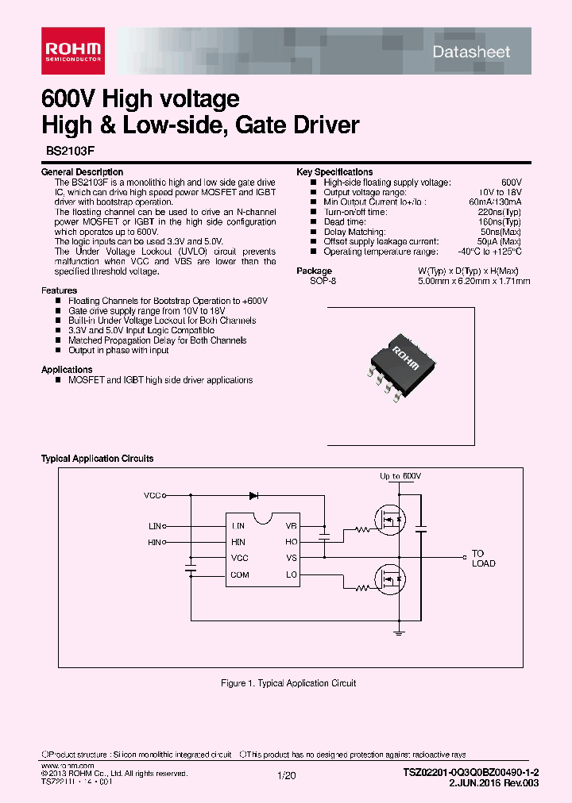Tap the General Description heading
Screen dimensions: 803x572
click(82, 172)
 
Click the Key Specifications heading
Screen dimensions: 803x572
click(334, 172)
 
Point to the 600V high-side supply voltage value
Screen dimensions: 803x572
click(511, 182)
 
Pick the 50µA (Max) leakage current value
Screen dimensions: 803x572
click(499, 241)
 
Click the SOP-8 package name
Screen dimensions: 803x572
click(323, 281)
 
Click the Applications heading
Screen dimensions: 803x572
click(67, 370)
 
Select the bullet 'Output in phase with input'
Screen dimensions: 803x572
click(118, 350)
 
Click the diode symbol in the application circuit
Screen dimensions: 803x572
click(253, 495)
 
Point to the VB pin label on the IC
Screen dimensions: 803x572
click(291, 526)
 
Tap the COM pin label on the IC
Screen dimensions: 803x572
click(239, 574)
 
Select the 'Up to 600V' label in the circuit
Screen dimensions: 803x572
click(400, 476)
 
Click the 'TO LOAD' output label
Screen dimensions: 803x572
click(483, 559)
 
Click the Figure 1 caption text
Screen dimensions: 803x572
click(288, 683)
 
